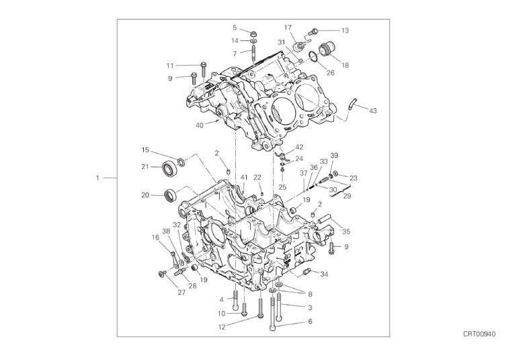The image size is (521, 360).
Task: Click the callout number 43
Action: coord(373,110)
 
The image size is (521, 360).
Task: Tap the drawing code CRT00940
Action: coord(479,334)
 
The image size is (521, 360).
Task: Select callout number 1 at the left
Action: coord(97,178)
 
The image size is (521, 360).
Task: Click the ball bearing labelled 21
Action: coord(170,168)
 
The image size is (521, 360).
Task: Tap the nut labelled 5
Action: coord(253,34)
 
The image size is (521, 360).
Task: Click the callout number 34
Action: coord(324,274)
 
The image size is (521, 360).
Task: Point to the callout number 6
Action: coord(311,322)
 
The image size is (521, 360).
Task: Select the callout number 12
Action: coord(222,327)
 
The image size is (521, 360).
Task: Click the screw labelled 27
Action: coord(163,273)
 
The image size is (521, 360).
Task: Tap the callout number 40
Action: coord(200,125)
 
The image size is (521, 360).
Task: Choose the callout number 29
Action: coord(347,196)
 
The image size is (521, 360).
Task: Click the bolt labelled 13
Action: coord(314,32)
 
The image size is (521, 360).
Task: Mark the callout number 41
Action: coord(245,178)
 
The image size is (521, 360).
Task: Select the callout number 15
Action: coord(145,150)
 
